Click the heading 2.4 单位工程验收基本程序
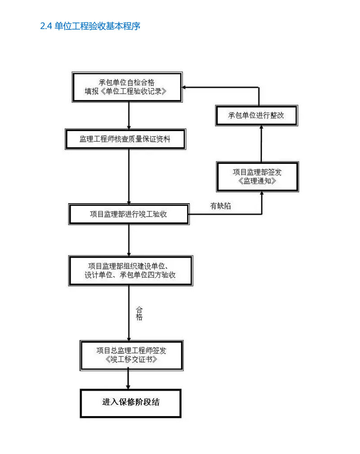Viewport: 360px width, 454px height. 90,26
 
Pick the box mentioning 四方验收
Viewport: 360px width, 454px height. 129,270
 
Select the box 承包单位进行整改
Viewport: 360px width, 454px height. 256,115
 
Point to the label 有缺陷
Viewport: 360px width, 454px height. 221,206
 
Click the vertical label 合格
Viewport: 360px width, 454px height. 139,314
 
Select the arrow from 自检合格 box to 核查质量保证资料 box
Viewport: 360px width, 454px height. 129,116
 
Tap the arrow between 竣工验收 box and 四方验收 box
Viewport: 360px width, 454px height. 129,240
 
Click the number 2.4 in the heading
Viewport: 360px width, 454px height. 46,26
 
